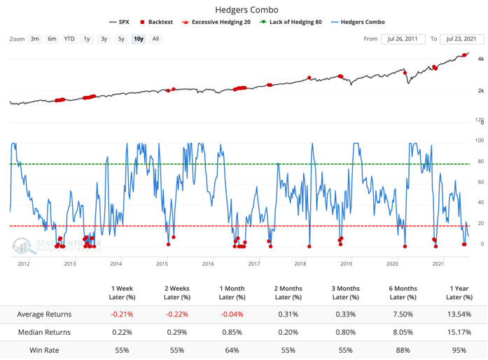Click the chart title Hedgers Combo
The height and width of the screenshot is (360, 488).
click(244, 10)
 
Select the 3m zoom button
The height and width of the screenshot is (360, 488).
click(34, 39)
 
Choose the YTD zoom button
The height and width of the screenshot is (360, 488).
click(69, 39)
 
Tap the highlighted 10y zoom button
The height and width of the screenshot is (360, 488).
click(138, 39)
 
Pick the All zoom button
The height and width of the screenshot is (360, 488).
click(155, 39)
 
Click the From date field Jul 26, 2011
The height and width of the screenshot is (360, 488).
click(402, 39)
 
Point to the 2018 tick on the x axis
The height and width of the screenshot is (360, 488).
click(300, 263)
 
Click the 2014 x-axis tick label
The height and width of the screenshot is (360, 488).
click(116, 263)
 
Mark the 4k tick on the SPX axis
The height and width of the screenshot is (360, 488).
click(481, 60)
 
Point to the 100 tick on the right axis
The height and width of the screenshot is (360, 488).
click(480, 141)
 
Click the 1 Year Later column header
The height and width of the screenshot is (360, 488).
click(458, 293)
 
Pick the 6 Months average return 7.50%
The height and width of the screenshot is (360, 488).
click(403, 314)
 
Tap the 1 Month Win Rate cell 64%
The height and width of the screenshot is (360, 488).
click(231, 350)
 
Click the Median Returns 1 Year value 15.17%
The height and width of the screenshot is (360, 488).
click(458, 332)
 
